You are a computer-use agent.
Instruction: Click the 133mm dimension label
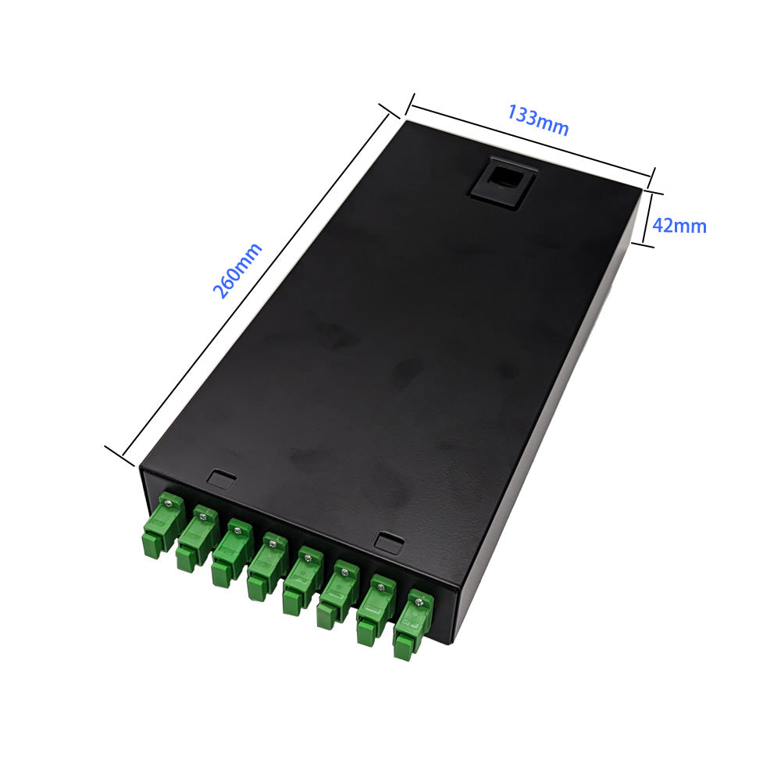pyautogui.click(x=538, y=119)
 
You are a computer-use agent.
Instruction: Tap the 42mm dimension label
pyautogui.click(x=679, y=226)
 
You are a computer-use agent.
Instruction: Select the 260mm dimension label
pyautogui.click(x=237, y=270)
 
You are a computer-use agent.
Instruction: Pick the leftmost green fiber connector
pyautogui.click(x=162, y=523)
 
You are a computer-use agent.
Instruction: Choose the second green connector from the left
pyautogui.click(x=198, y=538)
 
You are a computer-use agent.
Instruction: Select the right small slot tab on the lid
pyautogui.click(x=389, y=541)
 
